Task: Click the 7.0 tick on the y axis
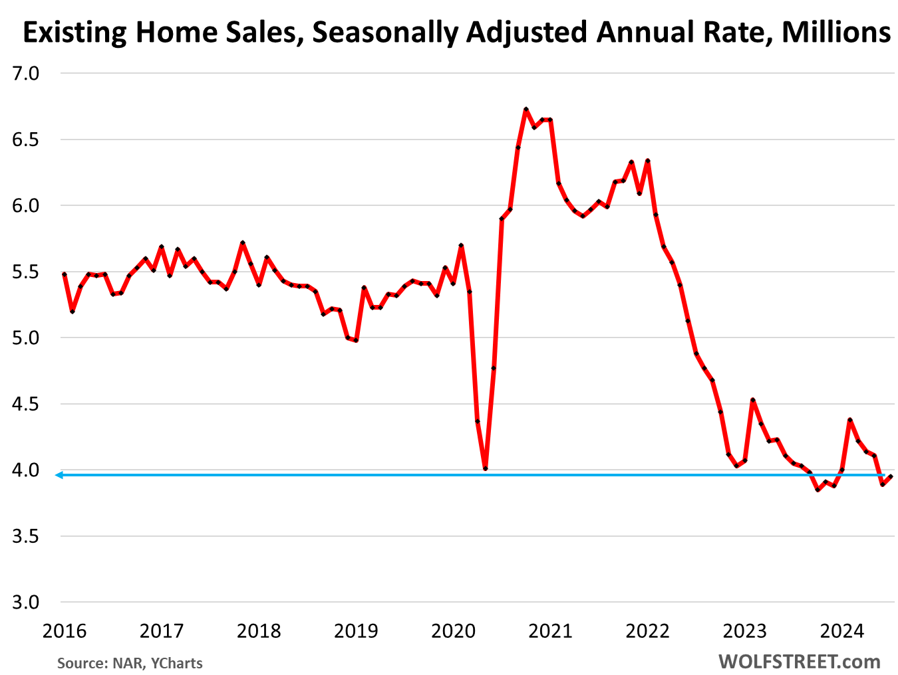pyautogui.click(x=26, y=74)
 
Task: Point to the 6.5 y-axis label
pyautogui.click(x=26, y=140)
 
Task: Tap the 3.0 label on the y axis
pyautogui.click(x=26, y=603)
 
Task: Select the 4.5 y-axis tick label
pyautogui.click(x=26, y=404)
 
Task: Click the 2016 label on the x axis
pyautogui.click(x=65, y=630)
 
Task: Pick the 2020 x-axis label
pyautogui.click(x=454, y=630)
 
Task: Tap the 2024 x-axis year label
pyautogui.click(x=842, y=630)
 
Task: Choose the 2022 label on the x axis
pyautogui.click(x=648, y=630)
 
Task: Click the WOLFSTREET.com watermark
pyautogui.click(x=799, y=662)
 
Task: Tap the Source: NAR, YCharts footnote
pyautogui.click(x=130, y=663)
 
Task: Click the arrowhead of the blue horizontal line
pyautogui.click(x=59, y=475)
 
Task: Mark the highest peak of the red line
pyautogui.click(x=525, y=109)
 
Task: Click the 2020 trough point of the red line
pyautogui.click(x=486, y=469)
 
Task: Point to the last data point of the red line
pyautogui.click(x=891, y=476)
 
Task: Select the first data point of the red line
pyautogui.click(x=64, y=274)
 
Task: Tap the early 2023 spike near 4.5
pyautogui.click(x=752, y=400)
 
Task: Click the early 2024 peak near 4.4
pyautogui.click(x=850, y=420)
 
